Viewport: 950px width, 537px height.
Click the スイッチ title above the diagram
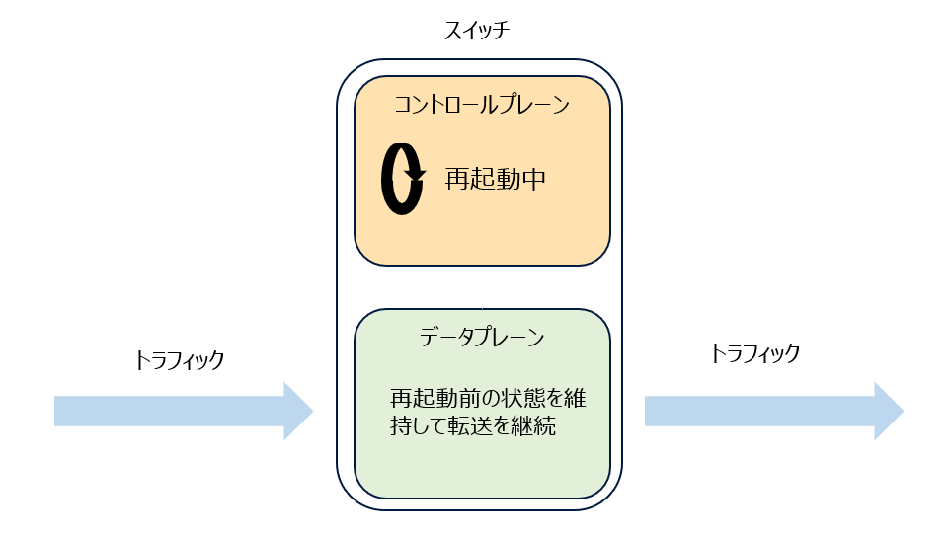pos(476,30)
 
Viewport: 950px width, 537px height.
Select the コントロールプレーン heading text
pos(482,105)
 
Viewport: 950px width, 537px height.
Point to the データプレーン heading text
pos(482,337)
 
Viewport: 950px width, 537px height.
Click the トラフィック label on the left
pos(180,360)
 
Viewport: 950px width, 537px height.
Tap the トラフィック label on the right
pos(754,352)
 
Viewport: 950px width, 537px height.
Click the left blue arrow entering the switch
pos(178,411)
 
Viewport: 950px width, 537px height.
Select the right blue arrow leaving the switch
pos(770,411)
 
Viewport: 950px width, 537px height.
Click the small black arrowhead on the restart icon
pos(415,176)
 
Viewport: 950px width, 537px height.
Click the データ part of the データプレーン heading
pos(443,337)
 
